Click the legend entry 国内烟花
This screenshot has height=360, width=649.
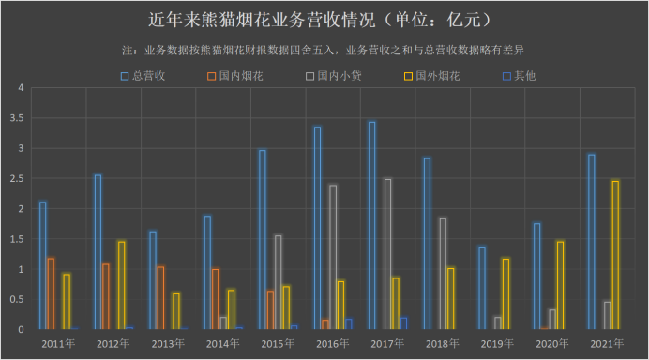[x=240, y=75]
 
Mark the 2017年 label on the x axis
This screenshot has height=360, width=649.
[x=387, y=344]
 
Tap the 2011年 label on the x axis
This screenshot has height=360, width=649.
[x=58, y=344]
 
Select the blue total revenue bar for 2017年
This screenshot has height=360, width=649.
[x=372, y=225]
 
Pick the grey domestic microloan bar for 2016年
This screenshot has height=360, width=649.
[x=332, y=257]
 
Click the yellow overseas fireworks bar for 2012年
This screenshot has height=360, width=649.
[x=121, y=285]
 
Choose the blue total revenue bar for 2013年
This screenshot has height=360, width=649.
[x=153, y=280]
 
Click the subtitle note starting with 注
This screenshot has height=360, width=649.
[x=324, y=49]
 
